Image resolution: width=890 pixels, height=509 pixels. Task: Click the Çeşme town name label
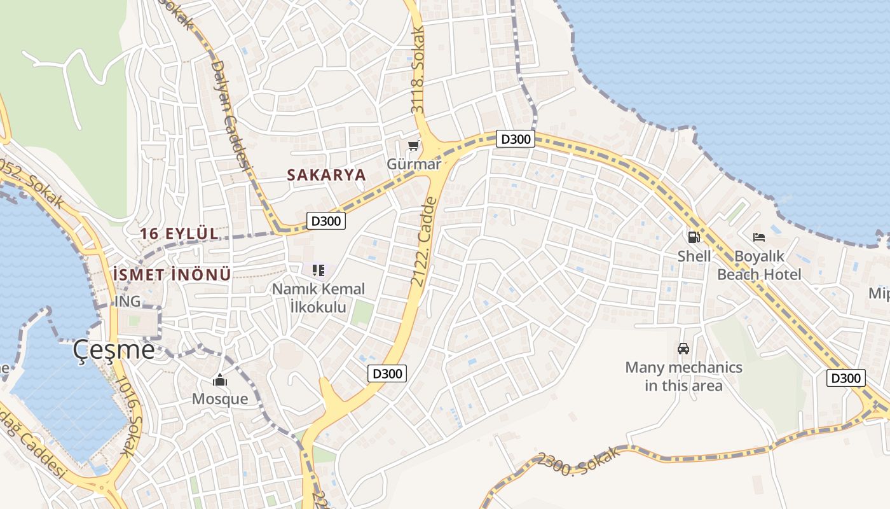113,349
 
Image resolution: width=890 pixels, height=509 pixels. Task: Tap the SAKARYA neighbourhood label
326,175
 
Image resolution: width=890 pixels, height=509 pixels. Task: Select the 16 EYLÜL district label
179,234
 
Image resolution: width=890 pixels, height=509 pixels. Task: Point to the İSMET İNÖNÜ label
171,275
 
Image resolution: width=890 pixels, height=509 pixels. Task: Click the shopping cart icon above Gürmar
414,146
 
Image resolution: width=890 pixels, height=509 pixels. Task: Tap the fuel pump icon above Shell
694,237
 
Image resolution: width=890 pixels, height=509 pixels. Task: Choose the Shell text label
694,256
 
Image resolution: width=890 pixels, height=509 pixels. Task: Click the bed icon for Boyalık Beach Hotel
758,237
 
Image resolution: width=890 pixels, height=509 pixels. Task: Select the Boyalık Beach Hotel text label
759,265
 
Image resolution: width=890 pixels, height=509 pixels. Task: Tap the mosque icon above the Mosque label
220,380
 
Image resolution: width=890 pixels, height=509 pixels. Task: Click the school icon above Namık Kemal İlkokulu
318,270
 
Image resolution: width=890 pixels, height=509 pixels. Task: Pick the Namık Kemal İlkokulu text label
318,298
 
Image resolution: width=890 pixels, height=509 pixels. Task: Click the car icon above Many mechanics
683,349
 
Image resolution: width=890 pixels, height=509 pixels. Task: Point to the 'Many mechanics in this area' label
683,376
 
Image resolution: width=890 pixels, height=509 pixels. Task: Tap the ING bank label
128,301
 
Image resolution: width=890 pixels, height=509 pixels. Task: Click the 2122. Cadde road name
425,241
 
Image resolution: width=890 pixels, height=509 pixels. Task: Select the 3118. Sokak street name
418,70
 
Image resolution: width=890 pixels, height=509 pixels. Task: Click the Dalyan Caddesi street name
229,115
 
